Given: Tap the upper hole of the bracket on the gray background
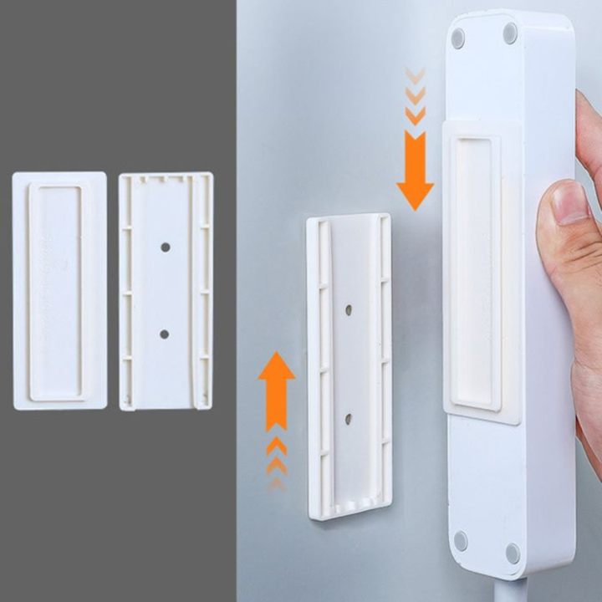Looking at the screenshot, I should click(165, 247).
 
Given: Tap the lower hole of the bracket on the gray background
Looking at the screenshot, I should click(164, 334).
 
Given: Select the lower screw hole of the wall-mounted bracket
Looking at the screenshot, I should click(348, 416).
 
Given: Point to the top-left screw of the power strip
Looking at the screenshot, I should click(457, 38).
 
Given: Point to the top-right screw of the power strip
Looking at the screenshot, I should click(510, 33).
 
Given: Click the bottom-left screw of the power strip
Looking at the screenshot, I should click(460, 541).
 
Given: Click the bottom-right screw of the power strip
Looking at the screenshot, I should click(513, 552).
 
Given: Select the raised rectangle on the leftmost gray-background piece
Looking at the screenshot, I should click(56, 291).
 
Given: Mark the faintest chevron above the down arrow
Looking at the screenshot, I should click(415, 74).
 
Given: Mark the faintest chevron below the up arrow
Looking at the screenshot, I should click(277, 483).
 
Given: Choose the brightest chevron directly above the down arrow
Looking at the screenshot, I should click(415, 114).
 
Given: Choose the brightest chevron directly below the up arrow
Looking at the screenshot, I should click(277, 446).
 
